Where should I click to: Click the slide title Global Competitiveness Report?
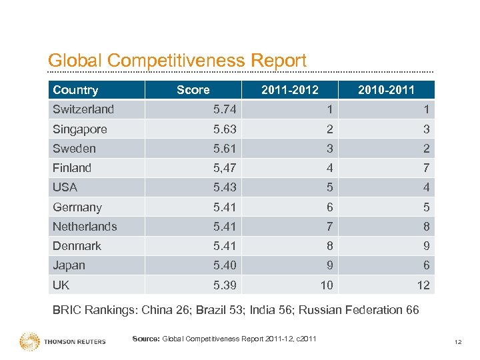point(177,61)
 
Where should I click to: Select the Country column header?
point(75,90)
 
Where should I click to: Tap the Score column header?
point(193,90)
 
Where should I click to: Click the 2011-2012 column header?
point(290,90)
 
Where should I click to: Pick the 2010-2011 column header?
point(386,90)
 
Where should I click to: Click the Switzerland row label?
point(83,109)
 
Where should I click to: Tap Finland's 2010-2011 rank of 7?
point(425,168)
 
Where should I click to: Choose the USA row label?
point(65,187)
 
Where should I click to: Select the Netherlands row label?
point(85,227)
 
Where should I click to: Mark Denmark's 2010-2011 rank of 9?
point(425,246)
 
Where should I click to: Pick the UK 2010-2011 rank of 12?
point(423,285)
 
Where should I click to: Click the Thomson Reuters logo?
point(63,341)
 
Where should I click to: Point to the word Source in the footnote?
point(145,339)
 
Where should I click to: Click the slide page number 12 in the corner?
point(458,342)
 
